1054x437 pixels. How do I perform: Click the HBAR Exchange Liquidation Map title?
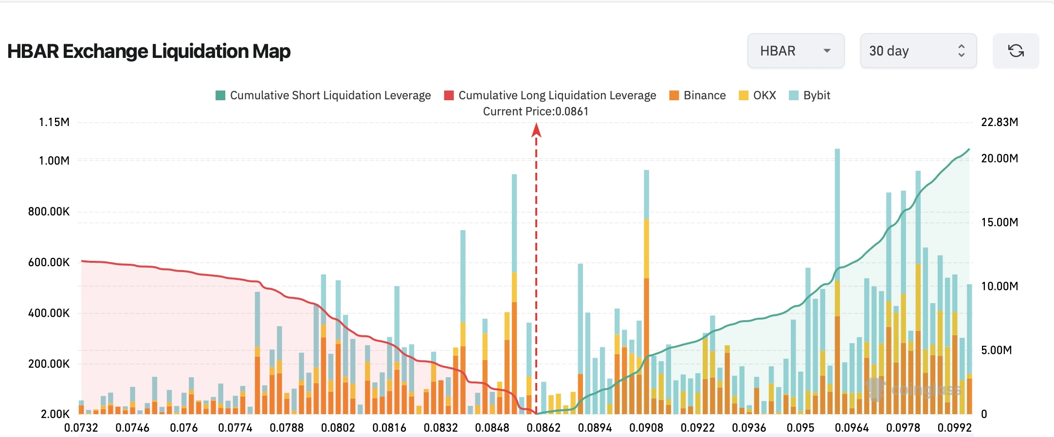pos(149,51)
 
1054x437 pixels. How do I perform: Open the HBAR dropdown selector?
pos(796,51)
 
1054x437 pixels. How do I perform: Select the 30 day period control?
pos(918,51)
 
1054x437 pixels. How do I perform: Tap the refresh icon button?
pos(1016,51)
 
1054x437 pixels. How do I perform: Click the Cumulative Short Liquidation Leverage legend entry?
pos(323,95)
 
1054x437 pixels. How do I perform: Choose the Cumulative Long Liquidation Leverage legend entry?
pos(550,95)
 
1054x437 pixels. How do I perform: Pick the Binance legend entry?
pos(697,95)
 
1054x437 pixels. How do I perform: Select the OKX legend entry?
pos(757,95)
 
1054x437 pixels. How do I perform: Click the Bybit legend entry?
pos(810,95)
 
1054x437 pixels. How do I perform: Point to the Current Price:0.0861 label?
pos(536,111)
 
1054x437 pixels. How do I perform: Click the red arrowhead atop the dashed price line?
pos(536,130)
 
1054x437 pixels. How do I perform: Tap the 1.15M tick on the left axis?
pos(54,122)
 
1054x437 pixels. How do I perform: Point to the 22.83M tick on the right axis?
pos(999,122)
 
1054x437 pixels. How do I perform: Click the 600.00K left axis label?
pos(49,262)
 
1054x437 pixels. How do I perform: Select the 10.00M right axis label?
pos(999,286)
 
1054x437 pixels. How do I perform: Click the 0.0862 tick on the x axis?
pos(544,428)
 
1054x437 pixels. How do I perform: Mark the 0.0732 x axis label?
pos(81,428)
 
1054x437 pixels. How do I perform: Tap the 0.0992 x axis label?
pos(955,428)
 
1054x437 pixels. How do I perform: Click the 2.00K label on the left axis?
pos(55,414)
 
